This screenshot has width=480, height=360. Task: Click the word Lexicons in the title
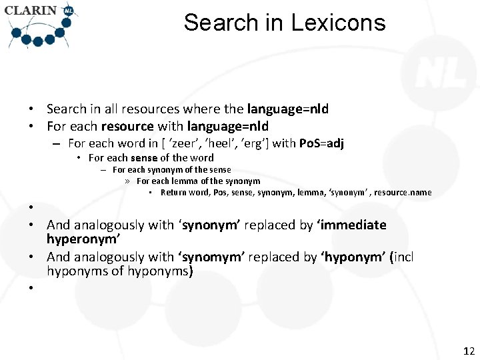(x=337, y=23)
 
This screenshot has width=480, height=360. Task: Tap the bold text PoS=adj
(x=323, y=143)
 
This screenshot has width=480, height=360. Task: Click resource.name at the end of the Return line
(x=403, y=193)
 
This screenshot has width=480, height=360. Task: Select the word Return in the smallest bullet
(x=173, y=193)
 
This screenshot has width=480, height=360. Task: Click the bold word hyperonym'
(x=82, y=239)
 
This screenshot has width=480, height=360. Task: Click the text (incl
(x=401, y=257)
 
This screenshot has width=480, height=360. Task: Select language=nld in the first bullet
(x=288, y=109)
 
